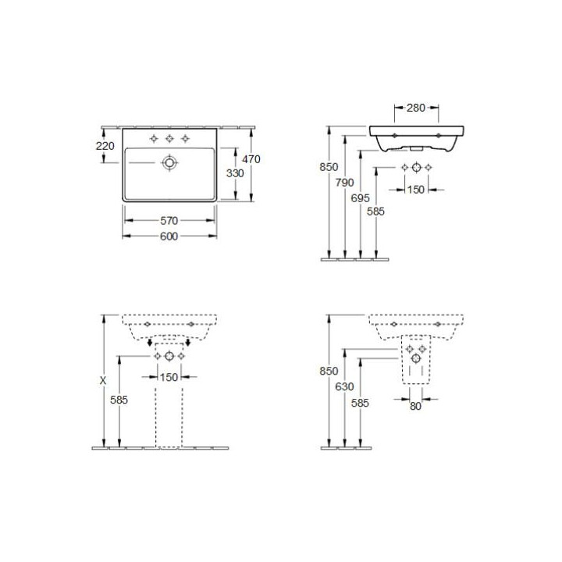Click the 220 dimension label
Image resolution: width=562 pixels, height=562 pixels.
coord(105,146)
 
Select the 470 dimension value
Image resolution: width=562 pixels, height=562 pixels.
coord(251,158)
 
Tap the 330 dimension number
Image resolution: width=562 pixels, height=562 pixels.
coord(235,173)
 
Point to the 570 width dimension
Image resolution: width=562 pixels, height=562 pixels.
coord(169,221)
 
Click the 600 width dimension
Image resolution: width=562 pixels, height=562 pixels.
coord(169,237)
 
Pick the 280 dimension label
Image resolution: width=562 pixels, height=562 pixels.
coord(416,108)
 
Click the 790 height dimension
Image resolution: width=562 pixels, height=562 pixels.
coord(344,183)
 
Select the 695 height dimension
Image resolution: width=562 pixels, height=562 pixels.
coord(360,198)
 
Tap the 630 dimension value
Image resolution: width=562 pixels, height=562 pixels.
coord(344,386)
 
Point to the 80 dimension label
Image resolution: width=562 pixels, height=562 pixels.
coord(415,406)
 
